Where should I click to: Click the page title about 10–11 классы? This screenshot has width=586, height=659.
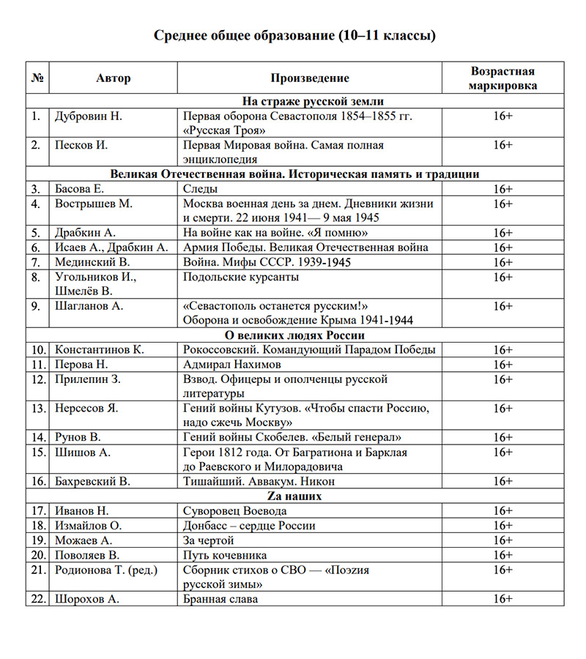tap(294, 36)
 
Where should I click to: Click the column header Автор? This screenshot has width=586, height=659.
tap(114, 78)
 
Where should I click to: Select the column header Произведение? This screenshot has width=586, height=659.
tap(310, 78)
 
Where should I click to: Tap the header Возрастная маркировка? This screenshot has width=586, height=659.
tap(502, 78)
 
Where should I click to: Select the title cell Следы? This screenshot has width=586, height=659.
tap(199, 189)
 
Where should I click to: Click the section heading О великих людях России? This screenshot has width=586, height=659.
tap(295, 335)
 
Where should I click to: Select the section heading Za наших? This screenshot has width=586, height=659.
tap(295, 496)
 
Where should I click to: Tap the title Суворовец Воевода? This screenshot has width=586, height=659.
tap(234, 510)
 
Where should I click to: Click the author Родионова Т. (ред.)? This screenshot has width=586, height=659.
tap(106, 569)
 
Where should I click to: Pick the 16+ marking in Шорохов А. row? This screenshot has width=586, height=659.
tap(502, 598)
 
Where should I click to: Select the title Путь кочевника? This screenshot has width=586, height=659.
tap(225, 554)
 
